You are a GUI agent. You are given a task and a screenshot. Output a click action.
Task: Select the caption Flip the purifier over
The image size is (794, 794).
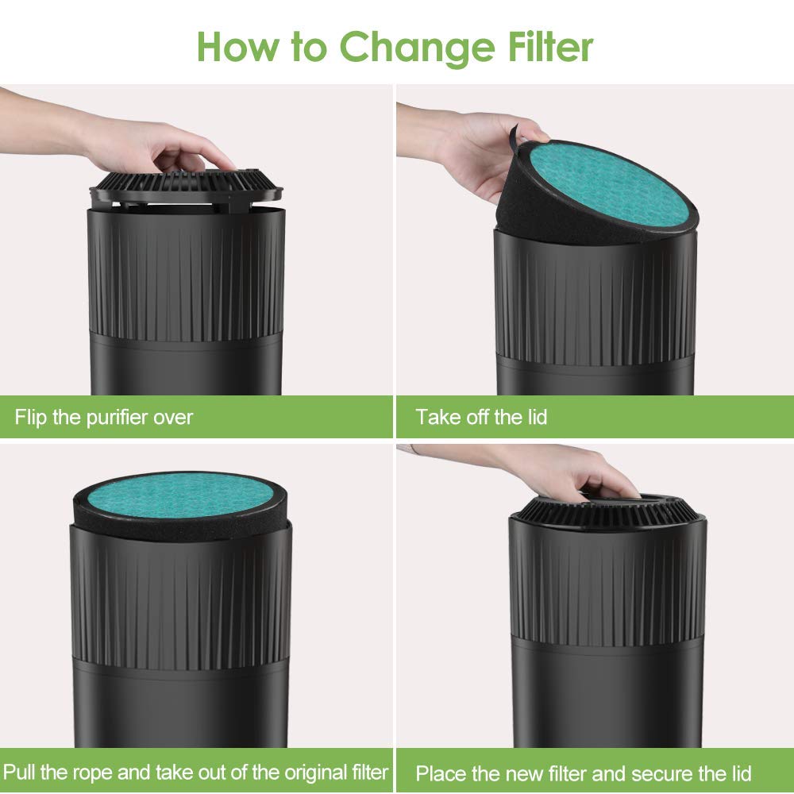pyautogui.click(x=104, y=417)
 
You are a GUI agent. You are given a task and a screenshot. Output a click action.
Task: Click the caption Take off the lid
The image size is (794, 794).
pyautogui.click(x=481, y=417)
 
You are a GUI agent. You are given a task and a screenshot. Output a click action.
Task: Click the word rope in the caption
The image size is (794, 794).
pyautogui.click(x=94, y=772)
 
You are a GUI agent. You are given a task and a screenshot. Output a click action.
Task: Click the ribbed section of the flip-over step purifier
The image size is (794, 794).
pyautogui.click(x=187, y=278)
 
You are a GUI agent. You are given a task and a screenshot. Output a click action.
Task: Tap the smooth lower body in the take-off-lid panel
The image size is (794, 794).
pyautogui.click(x=595, y=373)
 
